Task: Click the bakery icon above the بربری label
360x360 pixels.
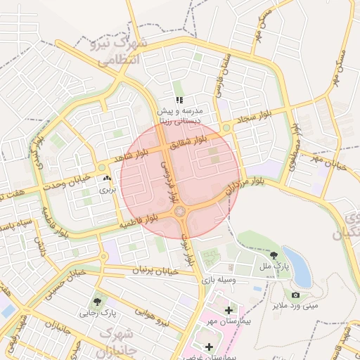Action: [107, 179]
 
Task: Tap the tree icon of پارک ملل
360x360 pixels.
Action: [274, 256]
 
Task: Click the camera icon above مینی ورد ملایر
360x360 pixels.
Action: [295, 295]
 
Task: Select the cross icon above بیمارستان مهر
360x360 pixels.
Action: [228, 310]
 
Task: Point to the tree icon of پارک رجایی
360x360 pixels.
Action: [96, 301]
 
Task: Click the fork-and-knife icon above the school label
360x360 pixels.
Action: [179, 101]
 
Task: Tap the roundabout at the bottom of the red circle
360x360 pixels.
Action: [180, 212]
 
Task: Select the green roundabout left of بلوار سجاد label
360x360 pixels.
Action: [226, 127]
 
